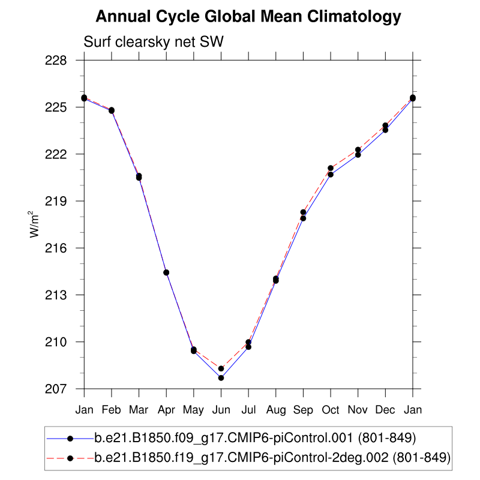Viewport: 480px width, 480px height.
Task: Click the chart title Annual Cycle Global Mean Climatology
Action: (248, 17)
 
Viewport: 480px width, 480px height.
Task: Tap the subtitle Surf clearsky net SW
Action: (154, 42)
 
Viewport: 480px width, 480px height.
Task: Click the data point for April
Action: (166, 272)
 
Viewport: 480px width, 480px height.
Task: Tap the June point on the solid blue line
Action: (221, 378)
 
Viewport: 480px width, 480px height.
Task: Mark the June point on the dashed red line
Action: (221, 368)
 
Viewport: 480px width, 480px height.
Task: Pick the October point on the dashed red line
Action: (331, 168)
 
